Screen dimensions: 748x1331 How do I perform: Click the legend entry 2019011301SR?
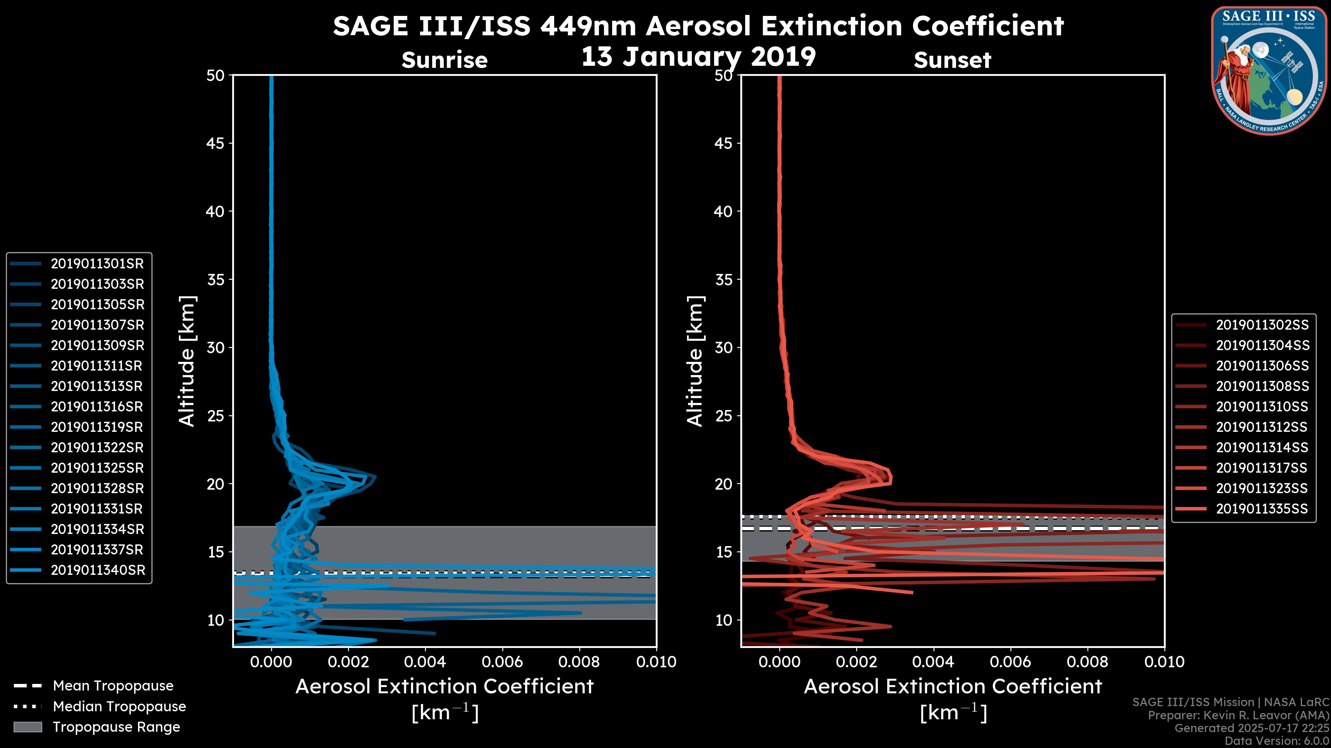click(97, 264)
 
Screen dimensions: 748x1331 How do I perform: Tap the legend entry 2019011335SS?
click(1262, 509)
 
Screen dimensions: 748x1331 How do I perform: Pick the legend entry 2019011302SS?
click(1262, 325)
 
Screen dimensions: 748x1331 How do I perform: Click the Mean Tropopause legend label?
click(113, 686)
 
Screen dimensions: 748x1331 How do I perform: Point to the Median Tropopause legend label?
click(119, 707)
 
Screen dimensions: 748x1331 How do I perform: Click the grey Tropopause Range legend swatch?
click(27, 727)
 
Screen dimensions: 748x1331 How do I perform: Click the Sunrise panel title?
click(444, 60)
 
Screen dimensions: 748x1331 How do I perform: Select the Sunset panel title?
click(952, 60)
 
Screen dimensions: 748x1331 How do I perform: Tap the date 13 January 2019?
click(698, 57)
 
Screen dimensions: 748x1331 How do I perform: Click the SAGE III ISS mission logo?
click(1268, 71)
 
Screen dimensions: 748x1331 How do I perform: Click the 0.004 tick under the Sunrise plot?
click(425, 662)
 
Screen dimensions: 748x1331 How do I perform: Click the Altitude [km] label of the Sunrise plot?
click(187, 361)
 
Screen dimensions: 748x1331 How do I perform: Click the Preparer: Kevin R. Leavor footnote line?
click(1238, 715)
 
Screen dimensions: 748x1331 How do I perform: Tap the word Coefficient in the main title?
click(988, 26)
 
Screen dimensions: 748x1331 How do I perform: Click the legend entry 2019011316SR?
click(97, 407)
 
